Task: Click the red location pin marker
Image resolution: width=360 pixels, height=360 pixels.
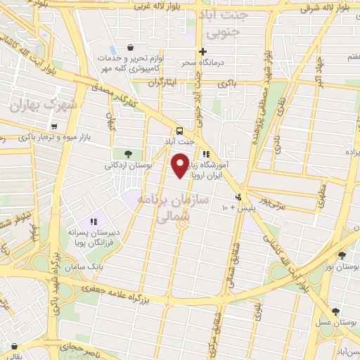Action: point(181,166)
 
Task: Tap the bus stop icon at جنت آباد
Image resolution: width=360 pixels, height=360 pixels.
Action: point(180,131)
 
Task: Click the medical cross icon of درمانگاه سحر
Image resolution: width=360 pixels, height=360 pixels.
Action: point(202,51)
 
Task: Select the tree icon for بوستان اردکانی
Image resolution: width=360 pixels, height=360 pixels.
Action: point(127,154)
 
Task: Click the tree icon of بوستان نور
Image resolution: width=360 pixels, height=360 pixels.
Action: point(342,256)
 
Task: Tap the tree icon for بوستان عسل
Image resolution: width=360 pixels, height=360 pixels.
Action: point(335,311)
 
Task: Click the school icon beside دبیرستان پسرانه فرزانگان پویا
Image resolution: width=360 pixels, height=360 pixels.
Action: point(94,222)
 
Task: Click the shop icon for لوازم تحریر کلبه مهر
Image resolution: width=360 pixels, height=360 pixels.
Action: point(133,39)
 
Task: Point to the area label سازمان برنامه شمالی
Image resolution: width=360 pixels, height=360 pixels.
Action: point(175,209)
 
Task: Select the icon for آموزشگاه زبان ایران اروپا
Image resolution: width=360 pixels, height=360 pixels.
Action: point(206,155)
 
